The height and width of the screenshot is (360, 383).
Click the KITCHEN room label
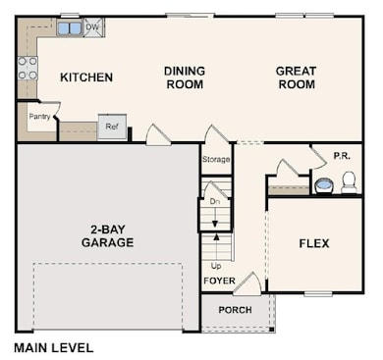tap(86, 77)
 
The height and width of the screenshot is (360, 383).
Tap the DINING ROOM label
tap(184, 77)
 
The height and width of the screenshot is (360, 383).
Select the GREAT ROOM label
tap(295, 77)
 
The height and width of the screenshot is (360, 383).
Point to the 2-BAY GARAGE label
tap(107, 235)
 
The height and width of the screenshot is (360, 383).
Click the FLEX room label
tap(314, 242)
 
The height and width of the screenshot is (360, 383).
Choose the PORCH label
tap(235, 310)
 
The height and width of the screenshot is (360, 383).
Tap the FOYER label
tap(219, 281)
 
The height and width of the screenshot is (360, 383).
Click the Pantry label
tap(39, 116)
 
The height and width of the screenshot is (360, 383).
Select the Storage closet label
tap(216, 159)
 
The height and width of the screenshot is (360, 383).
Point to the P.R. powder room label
tap(342, 155)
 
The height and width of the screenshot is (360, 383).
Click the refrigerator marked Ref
tap(111, 128)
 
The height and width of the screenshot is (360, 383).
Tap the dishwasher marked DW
tap(91, 27)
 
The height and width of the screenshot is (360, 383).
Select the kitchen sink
tap(69, 28)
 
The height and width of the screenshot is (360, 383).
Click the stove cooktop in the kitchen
tap(27, 68)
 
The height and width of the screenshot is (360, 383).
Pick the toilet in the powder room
tap(348, 181)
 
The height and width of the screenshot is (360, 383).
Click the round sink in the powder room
tap(323, 183)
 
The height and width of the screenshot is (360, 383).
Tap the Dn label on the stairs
tap(215, 201)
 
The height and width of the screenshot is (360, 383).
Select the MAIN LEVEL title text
tap(54, 347)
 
